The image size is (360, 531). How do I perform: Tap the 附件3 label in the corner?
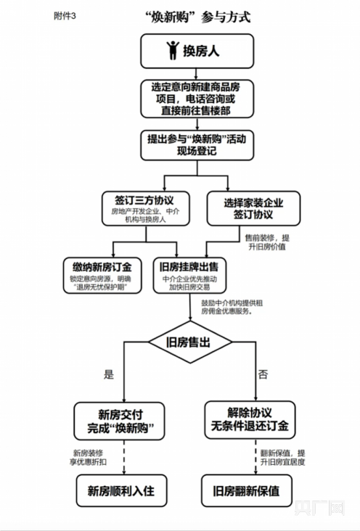coord(64,15)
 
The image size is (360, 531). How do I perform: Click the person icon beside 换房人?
coord(173,49)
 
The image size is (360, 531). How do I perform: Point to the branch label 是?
coord(109,374)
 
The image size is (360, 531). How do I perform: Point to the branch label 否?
coord(263,374)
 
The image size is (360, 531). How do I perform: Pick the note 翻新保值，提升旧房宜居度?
coord(282,457)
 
